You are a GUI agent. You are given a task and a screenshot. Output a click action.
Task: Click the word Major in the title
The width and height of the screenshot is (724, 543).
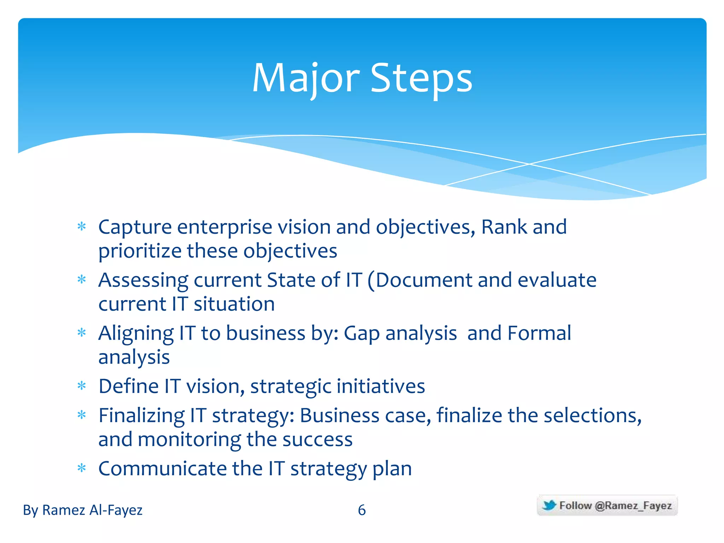[306, 78]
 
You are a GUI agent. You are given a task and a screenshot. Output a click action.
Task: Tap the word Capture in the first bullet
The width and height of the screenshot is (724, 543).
[135, 227]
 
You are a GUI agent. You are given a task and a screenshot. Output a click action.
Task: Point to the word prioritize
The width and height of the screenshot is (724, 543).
[140, 251]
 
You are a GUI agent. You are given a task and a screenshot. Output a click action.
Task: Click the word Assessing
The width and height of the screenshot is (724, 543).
[143, 281]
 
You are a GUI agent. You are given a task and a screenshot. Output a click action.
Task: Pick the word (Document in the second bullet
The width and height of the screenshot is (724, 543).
[420, 281]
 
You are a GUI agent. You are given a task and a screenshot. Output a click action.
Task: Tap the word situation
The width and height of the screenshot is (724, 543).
[234, 304]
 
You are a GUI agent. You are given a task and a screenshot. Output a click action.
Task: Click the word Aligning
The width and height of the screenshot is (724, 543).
[136, 334]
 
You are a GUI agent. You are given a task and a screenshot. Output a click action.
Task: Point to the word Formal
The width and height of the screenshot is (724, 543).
[539, 333]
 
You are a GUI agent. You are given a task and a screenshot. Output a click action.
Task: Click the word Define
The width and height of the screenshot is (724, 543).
[128, 386]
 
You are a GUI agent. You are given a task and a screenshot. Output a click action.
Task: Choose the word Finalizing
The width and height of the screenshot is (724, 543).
[141, 416]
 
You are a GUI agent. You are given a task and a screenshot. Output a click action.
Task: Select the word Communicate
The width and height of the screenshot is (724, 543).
[162, 469]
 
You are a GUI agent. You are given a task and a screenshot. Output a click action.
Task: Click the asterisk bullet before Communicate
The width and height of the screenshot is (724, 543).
[82, 468]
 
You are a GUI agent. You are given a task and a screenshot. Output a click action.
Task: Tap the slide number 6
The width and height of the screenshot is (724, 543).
[362, 510]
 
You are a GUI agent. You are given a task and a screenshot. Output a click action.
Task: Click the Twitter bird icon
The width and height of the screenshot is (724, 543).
[549, 505]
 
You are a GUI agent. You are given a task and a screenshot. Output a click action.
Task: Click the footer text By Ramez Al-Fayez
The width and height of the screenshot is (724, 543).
[83, 510]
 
